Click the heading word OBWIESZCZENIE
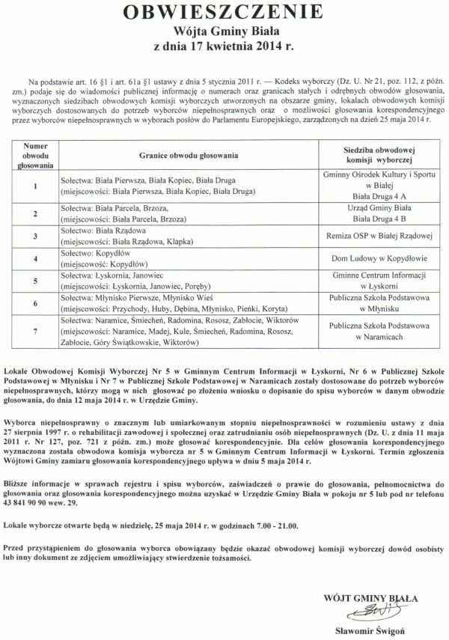coord(224,13)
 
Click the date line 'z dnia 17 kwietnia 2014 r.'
coord(224,46)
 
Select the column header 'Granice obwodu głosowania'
coord(188,155)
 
